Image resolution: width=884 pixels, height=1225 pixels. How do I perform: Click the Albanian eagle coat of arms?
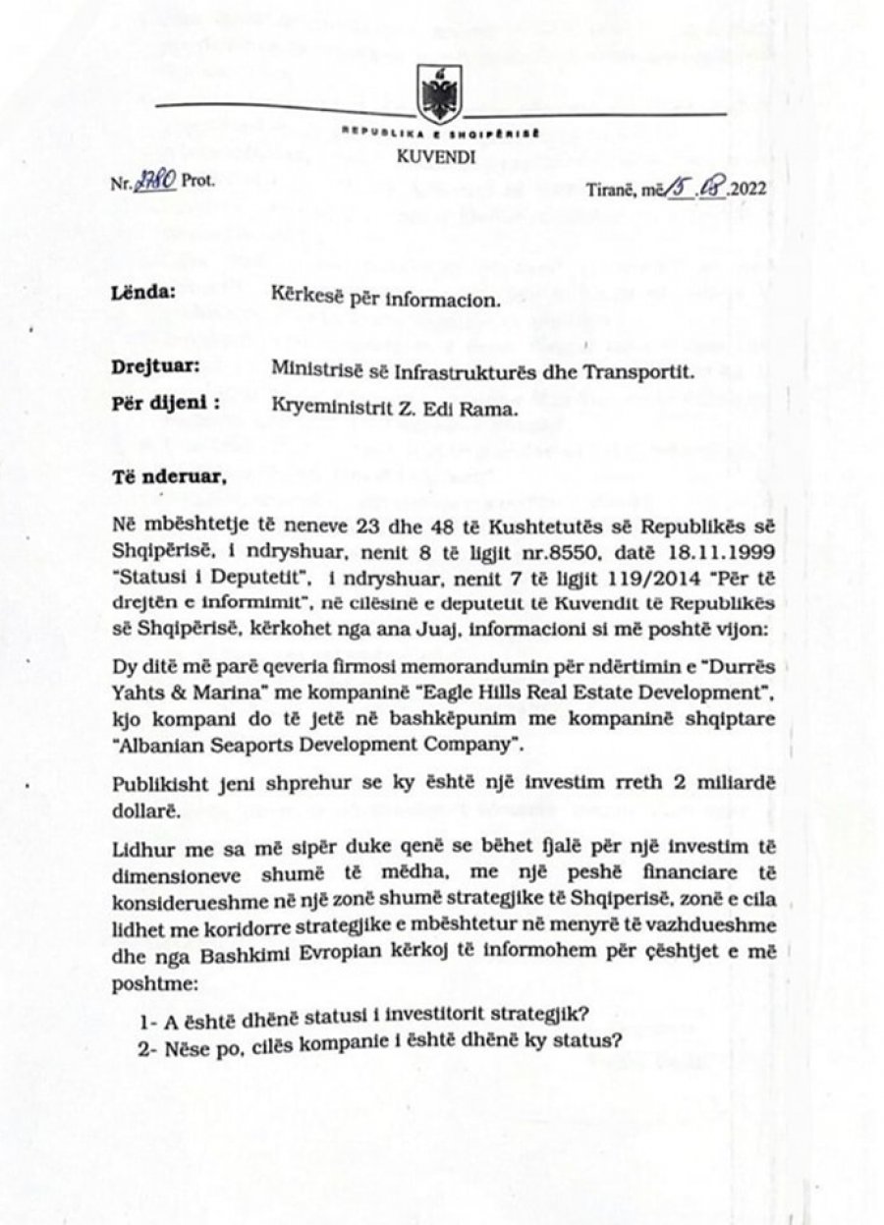(432, 94)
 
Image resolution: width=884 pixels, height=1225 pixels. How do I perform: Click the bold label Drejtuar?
(151, 367)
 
